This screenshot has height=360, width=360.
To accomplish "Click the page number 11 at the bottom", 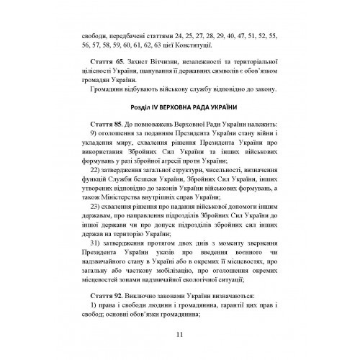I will (179, 333).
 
